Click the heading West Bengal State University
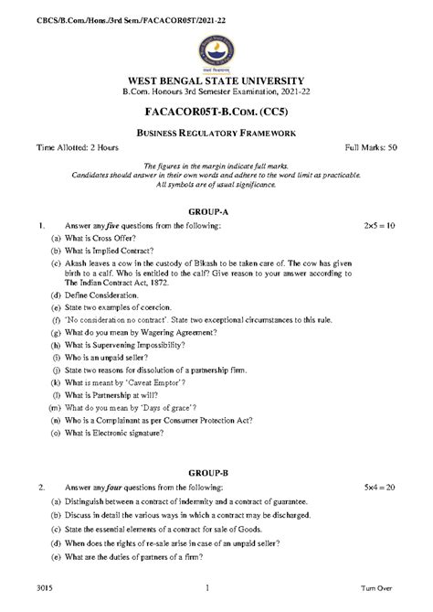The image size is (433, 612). pos(216,81)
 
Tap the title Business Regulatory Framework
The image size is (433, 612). pos(216,134)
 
